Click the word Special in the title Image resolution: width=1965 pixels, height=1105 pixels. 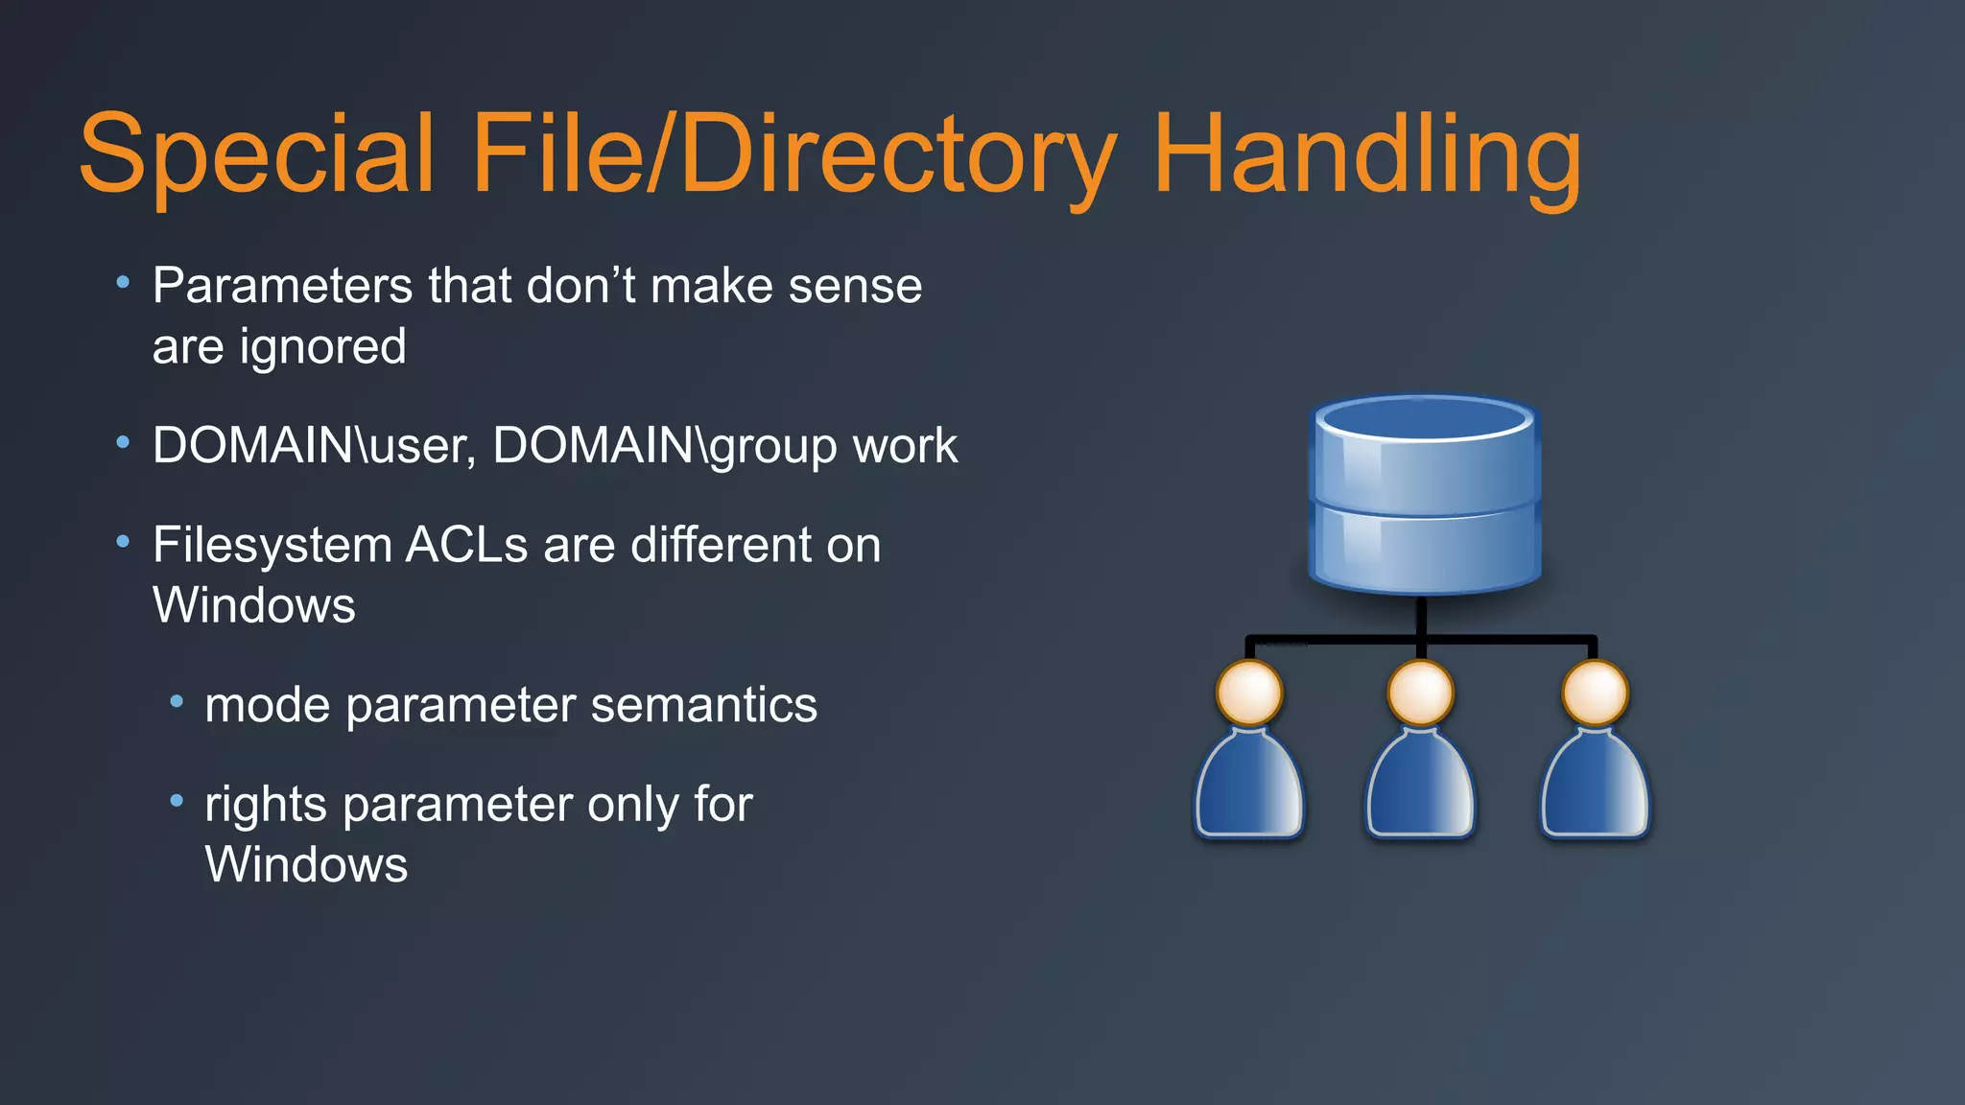[x=256, y=153]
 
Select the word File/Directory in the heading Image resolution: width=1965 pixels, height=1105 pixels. [x=794, y=153]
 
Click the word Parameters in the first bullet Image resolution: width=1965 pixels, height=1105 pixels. [x=282, y=286]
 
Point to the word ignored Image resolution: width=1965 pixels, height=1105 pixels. [x=322, y=346]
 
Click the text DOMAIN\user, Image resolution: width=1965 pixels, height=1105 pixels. [x=314, y=446]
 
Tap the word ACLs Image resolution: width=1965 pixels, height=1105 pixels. [x=466, y=545]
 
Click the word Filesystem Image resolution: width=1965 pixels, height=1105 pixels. [x=272, y=545]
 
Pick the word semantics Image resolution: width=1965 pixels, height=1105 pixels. [x=703, y=705]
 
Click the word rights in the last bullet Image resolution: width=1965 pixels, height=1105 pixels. [x=266, y=804]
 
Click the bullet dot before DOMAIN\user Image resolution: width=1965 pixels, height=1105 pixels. [x=123, y=443]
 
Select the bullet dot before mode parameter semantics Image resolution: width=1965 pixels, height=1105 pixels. [x=176, y=702]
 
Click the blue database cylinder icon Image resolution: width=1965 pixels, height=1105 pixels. [x=1425, y=494]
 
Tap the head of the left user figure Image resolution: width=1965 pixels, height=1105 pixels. [x=1248, y=693]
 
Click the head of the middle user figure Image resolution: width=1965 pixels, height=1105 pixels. [x=1421, y=693]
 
